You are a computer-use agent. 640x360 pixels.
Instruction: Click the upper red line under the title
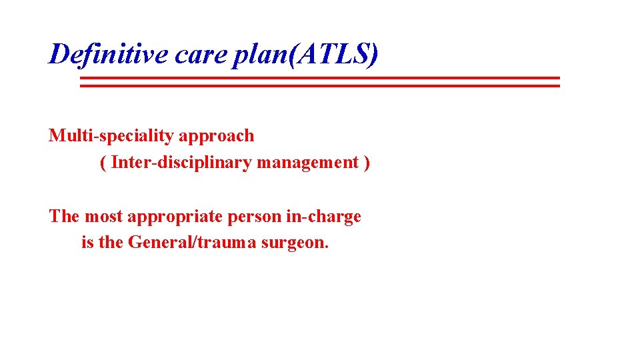320,78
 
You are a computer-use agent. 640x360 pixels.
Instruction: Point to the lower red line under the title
320,85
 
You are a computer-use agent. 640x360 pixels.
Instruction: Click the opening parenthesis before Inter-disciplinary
103,163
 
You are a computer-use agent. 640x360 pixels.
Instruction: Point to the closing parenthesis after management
367,163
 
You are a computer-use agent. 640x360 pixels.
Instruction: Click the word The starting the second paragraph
63,216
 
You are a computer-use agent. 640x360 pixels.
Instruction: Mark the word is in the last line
87,243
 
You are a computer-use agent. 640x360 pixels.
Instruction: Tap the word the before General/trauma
111,243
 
